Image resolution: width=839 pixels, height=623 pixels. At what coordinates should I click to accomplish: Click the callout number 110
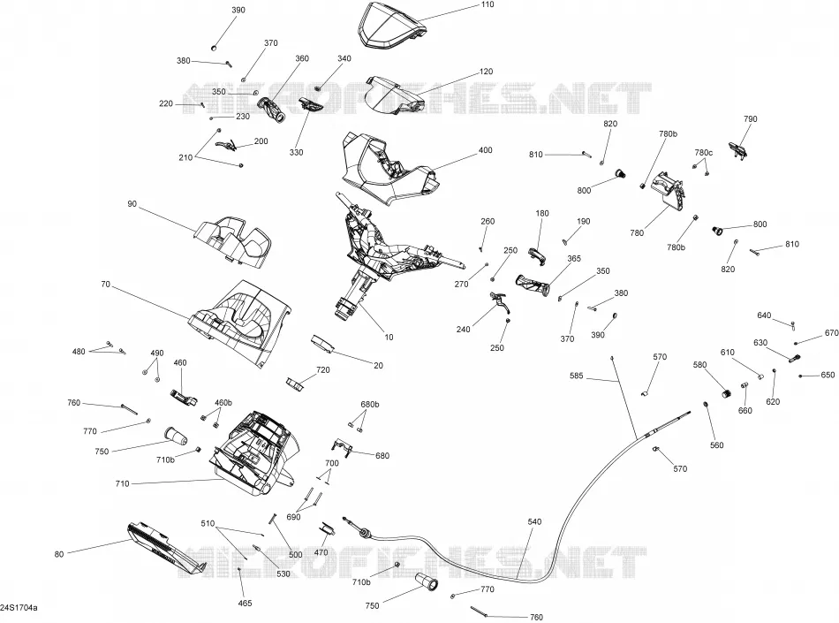488,4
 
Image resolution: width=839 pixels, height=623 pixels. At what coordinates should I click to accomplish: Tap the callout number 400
486,150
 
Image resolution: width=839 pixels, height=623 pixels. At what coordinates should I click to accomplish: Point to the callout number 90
132,204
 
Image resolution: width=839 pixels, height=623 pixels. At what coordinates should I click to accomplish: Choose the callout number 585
577,376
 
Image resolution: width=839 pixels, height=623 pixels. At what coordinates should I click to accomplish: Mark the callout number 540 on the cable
534,522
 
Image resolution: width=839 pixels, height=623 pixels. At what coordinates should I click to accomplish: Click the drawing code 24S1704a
19,608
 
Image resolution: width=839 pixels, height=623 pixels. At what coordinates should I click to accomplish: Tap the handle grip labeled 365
533,285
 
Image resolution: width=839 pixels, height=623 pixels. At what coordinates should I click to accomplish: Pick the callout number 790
750,119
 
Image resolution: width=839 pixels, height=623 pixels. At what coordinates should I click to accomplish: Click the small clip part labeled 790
737,149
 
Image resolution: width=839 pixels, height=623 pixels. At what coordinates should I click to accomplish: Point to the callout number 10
389,338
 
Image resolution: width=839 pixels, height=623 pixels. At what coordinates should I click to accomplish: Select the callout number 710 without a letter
122,484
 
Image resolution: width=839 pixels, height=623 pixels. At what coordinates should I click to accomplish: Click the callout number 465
245,604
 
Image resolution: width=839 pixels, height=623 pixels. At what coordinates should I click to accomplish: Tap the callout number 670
832,333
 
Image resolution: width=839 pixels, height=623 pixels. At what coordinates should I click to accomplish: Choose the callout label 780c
704,153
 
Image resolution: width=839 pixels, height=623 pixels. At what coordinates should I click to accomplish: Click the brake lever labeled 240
500,302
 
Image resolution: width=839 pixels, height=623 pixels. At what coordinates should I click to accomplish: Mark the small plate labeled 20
322,343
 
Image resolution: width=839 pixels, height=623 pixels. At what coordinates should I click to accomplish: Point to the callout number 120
486,72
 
